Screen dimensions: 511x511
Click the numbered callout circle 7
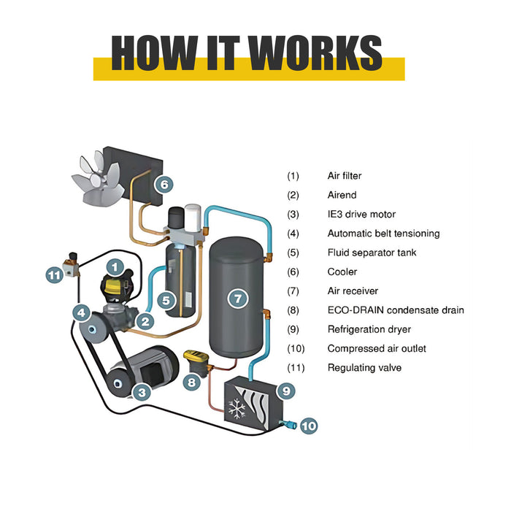237,298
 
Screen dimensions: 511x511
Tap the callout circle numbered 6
164,185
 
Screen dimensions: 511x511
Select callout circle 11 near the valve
55,274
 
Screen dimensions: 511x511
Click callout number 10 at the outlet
308,424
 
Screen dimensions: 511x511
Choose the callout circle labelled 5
166,299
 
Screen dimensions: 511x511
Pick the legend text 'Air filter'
345,176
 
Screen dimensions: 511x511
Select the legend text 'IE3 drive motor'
361,214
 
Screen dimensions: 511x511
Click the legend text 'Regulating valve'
364,368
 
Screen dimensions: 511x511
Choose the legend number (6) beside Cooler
293,272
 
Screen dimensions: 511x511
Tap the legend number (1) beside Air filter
293,176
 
